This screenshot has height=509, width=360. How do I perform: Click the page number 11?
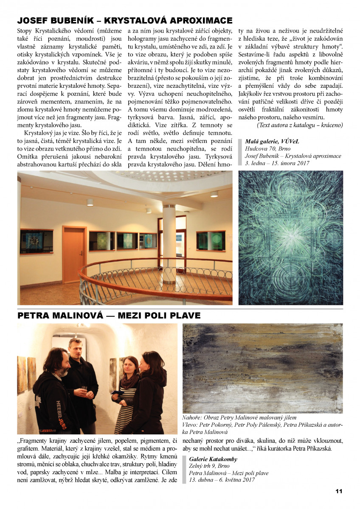point(339,491)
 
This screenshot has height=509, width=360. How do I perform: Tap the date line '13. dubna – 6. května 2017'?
point(222,480)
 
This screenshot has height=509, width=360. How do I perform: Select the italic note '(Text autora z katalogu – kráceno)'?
point(300,125)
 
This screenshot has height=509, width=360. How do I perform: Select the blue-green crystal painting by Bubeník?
point(291,238)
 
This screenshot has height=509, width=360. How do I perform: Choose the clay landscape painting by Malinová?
point(262,368)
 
